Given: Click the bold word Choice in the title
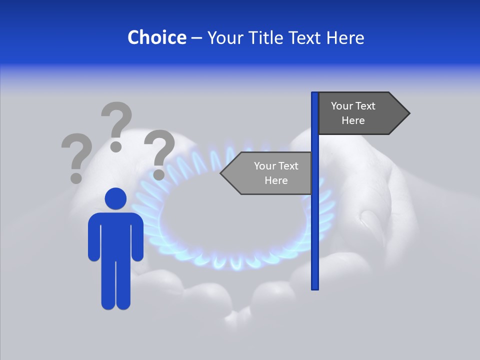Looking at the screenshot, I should pyautogui.click(x=156, y=37).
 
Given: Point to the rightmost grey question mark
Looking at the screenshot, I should pyautogui.click(x=159, y=154).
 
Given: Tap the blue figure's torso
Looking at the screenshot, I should pyautogui.click(x=115, y=235).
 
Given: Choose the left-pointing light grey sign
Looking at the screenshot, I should pyautogui.click(x=267, y=173).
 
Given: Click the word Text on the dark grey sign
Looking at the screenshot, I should pyautogui.click(x=365, y=106).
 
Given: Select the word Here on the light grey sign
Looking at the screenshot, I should pyautogui.click(x=276, y=180).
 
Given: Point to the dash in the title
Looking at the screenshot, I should pyautogui.click(x=196, y=38).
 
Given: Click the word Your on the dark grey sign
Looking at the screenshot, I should pyautogui.click(x=341, y=106).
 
